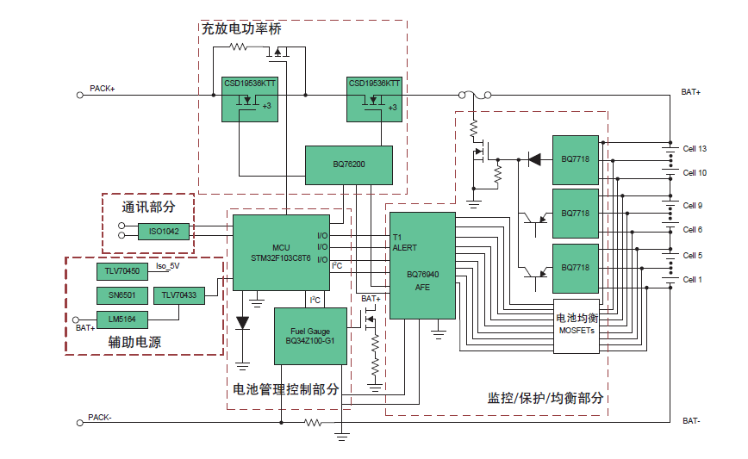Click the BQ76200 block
tap(348, 164)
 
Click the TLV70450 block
tap(122, 271)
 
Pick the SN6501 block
tap(122, 295)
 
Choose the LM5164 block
tap(122, 319)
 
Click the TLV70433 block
tap(179, 295)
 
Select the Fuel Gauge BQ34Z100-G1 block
tap(309, 336)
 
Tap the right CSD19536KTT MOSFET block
tap(374, 100)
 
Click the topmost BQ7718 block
tap(575, 159)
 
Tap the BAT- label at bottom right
tap(691, 421)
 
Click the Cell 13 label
tap(695, 148)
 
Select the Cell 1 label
tap(693, 280)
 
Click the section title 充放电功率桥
tap(240, 28)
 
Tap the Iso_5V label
tap(167, 266)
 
